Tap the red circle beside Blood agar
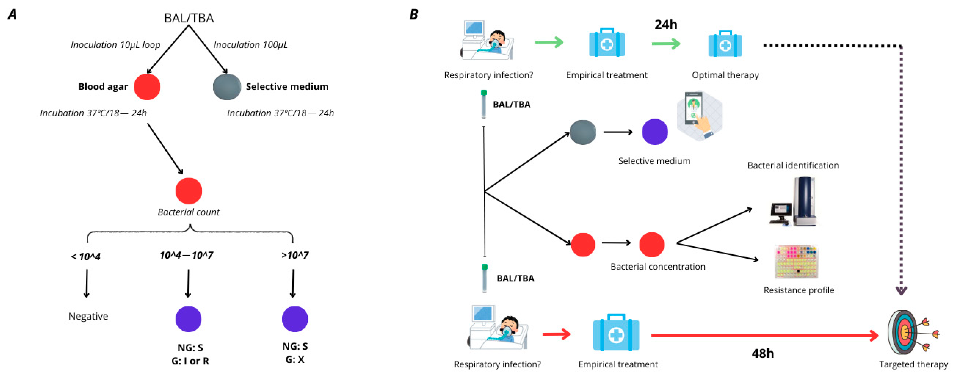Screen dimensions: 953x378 (147, 87)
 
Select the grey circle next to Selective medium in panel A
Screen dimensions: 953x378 (227, 87)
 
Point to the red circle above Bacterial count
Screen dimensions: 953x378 (189, 191)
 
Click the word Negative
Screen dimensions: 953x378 (88, 316)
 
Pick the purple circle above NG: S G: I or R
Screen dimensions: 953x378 (188, 319)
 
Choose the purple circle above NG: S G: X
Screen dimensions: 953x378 (295, 319)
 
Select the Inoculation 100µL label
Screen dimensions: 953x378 (250, 45)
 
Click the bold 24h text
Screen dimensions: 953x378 (665, 24)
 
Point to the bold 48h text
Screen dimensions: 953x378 (763, 353)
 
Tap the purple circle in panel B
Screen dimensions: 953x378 (654, 132)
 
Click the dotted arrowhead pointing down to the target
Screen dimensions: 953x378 (901, 291)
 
